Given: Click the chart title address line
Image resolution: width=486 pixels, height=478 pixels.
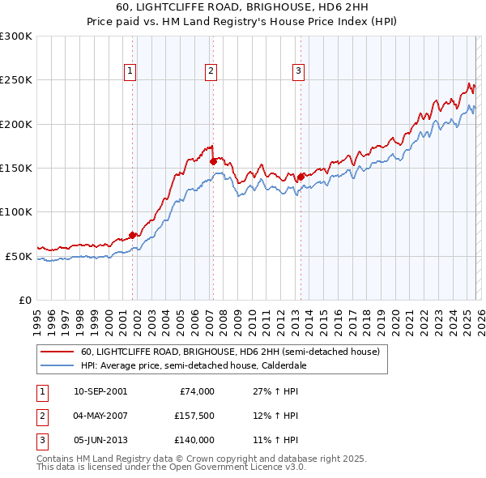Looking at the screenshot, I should click(x=243, y=7).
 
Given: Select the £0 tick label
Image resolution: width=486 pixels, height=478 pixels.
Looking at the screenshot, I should click(x=24, y=300).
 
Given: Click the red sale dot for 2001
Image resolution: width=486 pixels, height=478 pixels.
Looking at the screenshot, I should click(x=132, y=235).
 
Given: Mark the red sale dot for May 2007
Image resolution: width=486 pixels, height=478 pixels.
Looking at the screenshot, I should click(x=213, y=161).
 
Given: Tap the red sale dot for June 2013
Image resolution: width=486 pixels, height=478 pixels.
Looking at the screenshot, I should click(x=300, y=177).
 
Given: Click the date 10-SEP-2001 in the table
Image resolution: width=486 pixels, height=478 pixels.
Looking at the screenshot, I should click(x=100, y=391).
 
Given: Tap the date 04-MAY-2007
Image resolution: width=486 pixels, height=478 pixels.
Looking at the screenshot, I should click(x=100, y=416).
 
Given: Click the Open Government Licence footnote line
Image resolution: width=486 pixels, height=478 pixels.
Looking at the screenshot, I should click(x=172, y=467).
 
